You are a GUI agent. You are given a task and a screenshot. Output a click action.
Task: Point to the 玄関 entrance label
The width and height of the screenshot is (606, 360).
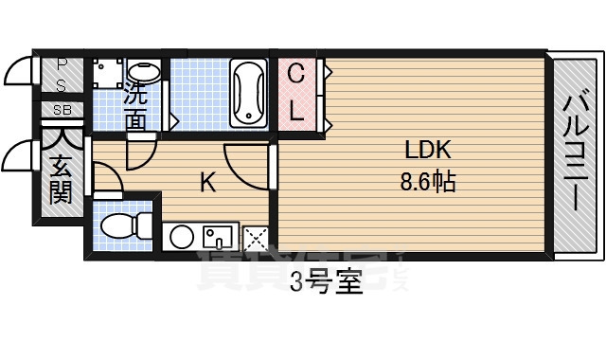pos(61,179)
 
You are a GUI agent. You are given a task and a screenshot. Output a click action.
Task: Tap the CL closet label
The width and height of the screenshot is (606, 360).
pos(296,93)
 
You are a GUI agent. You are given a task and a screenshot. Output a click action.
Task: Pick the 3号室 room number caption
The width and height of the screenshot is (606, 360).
pos(326,283)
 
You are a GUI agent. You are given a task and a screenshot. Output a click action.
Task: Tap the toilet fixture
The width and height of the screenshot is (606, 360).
pos(126,225)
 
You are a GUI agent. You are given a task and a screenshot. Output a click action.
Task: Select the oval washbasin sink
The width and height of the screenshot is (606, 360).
pos(145,74)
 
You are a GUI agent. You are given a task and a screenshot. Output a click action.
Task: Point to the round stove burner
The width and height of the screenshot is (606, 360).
pos(181,236)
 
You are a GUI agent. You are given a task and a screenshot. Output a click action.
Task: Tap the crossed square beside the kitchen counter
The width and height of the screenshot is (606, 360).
pos(255,238)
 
